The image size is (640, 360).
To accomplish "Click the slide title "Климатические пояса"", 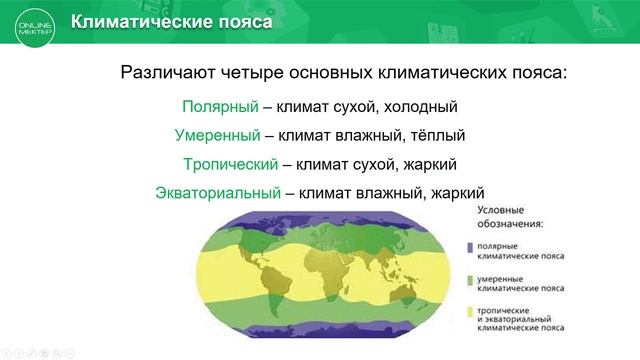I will (171, 23).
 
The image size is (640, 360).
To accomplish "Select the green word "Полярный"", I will (214, 106).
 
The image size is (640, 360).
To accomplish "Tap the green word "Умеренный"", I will (210, 135).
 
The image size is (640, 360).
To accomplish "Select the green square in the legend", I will (468, 281).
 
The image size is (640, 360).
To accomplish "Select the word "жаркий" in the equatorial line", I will (456, 192).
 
